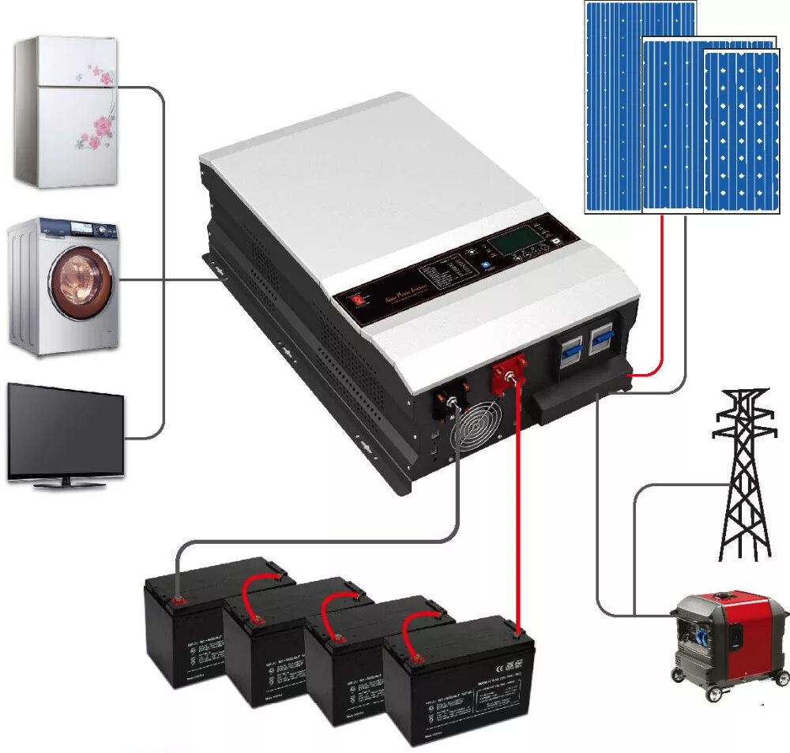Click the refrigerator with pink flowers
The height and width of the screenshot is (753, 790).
pyautogui.click(x=66, y=111)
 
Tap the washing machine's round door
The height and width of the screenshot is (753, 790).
pyautogui.click(x=81, y=282)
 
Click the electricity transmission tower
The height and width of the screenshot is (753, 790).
pyautogui.click(x=743, y=474)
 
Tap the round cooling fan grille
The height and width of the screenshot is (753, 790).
pyautogui.click(x=476, y=431)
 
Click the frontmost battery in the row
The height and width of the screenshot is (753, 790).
pyautogui.click(x=459, y=679)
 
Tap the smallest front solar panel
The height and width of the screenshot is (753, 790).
pyautogui.click(x=740, y=130)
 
